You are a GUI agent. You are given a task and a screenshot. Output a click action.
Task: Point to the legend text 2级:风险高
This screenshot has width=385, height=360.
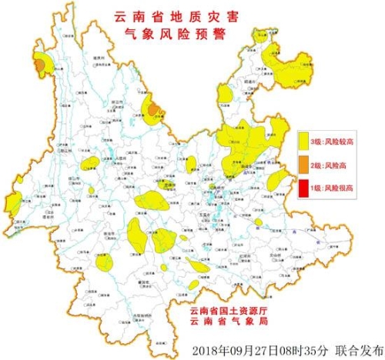(x=326, y=165)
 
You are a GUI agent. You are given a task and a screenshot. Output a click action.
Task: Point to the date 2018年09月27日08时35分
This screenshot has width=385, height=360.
(x=253, y=346)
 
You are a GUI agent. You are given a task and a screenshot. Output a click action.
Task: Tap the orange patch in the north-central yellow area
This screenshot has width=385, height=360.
(x=154, y=108)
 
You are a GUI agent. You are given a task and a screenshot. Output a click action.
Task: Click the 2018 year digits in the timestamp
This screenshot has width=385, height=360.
(x=203, y=346)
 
